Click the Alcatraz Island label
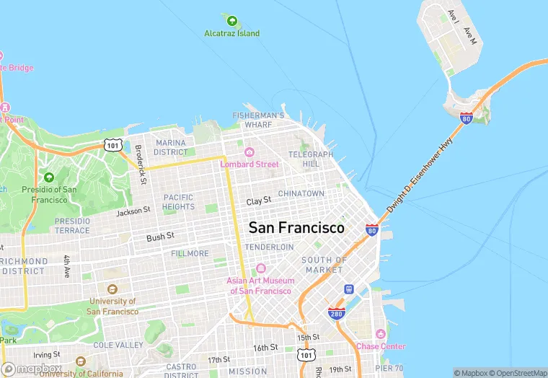pos(231,33)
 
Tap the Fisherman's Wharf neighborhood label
pos(258,120)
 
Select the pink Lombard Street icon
pos(249,151)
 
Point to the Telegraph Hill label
pos(311,159)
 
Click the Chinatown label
pos(301,193)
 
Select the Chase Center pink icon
pos(380,333)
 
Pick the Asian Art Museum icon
pos(260,268)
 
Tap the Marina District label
pos(170,147)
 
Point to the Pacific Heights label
pos(178,202)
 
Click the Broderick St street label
pos(141,164)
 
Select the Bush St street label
pos(160,236)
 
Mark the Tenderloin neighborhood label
pos(269,247)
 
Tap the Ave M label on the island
pos(470,35)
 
